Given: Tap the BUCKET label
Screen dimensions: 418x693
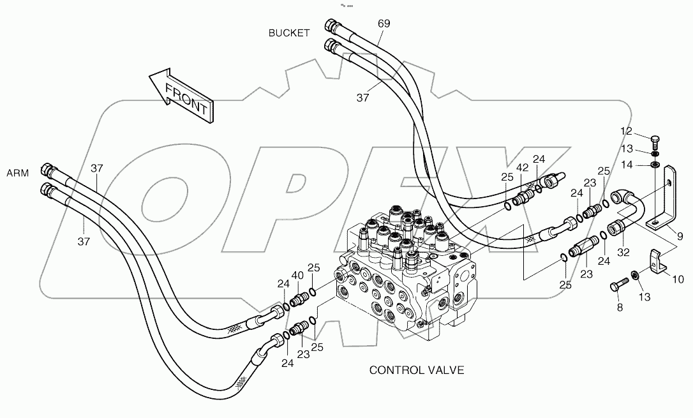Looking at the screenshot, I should coord(289,33).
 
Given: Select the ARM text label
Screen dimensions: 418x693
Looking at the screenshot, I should coord(18,173).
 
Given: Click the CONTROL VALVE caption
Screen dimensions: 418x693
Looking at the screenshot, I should coord(417,370).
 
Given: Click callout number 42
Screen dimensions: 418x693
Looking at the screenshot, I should coord(523,168).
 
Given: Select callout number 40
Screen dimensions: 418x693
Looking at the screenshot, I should coord(297,276).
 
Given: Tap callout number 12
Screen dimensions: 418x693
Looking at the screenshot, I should coord(627,131).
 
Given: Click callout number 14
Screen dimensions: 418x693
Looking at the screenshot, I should coord(627,165).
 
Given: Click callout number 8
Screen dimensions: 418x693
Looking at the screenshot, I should coord(618,308).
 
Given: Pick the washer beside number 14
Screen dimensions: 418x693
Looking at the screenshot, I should coord(654,165).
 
